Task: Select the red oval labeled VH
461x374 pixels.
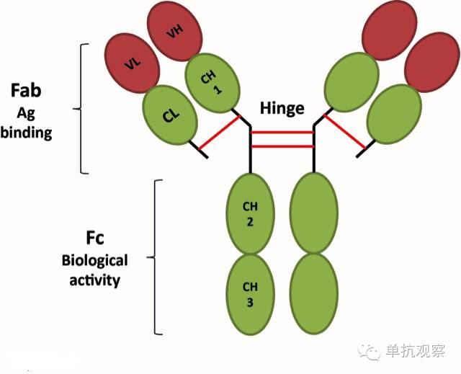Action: point(174,32)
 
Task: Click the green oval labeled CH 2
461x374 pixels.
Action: point(250,213)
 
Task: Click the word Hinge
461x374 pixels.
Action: point(282,109)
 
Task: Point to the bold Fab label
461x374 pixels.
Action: point(26,91)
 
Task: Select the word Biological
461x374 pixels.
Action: point(96,260)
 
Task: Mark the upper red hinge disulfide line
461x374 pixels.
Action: point(282,133)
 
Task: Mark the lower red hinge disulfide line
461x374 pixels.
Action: point(282,146)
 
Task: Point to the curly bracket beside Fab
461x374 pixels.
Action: point(81,109)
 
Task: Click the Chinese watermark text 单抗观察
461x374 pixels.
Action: point(416,351)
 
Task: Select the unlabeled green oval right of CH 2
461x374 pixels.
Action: point(313,213)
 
